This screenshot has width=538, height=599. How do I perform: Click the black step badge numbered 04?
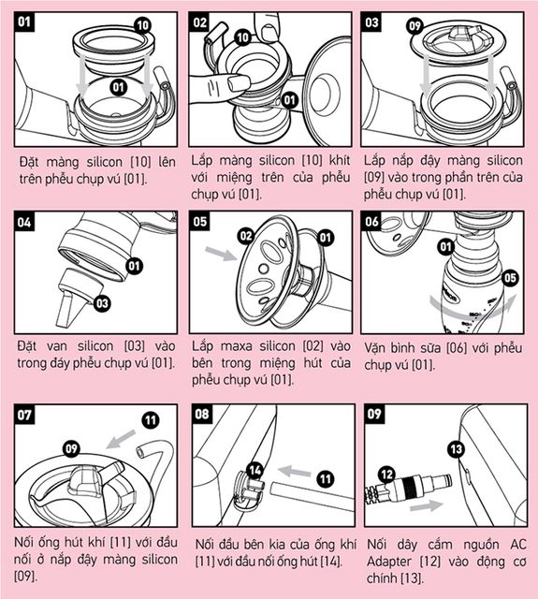pos(24,222)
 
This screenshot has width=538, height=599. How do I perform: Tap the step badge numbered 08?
pos(202,414)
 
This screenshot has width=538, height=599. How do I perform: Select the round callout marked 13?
pos(457,449)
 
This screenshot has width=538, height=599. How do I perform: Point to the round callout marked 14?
pos(254,470)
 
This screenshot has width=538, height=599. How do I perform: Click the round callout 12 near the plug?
pos(386,475)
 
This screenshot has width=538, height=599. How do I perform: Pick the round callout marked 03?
pos(102,303)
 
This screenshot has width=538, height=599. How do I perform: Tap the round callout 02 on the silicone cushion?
pos(246,236)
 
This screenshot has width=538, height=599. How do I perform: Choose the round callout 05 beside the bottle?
pos(510,278)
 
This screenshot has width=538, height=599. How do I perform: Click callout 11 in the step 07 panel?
pos(151,420)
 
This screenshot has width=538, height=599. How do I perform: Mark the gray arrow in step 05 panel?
pos(221,254)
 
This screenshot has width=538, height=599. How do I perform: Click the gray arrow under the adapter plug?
pos(426,506)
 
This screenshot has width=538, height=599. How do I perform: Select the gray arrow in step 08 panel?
pos(294,471)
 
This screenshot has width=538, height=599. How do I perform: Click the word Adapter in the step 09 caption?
pos(389,562)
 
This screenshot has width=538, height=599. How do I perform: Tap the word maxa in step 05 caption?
pos(236,346)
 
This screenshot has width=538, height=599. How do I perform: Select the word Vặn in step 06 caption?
pos(375,348)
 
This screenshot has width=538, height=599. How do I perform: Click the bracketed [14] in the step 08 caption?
pos(331,562)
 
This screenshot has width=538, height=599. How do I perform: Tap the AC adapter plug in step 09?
pos(409,485)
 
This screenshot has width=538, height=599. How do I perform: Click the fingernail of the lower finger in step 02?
pos(238,81)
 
